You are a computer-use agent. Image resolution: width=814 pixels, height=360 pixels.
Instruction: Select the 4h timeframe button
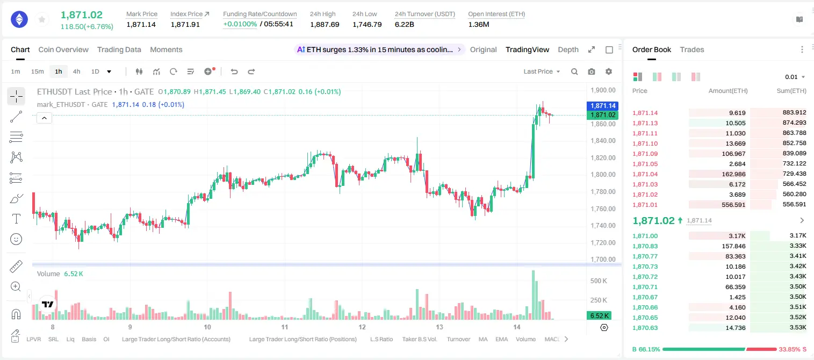click(76, 71)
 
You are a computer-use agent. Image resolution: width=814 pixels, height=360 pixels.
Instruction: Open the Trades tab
click(692, 49)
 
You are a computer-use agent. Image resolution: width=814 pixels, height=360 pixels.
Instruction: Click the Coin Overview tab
click(63, 49)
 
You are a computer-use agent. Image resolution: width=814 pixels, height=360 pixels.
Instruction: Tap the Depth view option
click(568, 49)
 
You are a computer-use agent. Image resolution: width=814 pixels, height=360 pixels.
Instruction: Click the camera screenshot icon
click(592, 71)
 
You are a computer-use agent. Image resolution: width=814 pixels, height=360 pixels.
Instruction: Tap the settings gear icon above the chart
click(609, 71)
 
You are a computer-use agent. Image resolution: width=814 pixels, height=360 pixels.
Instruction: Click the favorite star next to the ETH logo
click(42, 19)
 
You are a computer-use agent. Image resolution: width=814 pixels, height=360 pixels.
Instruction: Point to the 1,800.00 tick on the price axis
click(603, 175)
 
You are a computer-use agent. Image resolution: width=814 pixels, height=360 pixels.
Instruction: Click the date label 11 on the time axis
click(285, 327)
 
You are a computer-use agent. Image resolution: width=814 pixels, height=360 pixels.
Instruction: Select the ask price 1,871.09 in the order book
click(645, 154)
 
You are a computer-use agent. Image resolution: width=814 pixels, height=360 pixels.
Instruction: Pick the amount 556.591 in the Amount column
click(733, 205)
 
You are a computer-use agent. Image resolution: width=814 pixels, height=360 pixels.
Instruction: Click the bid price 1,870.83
click(645, 246)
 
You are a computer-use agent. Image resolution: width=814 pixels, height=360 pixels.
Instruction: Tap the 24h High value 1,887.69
click(325, 24)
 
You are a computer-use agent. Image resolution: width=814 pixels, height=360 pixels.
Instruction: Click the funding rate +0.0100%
click(240, 24)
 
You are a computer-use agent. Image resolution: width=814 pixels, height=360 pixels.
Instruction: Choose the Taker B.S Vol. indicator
click(420, 339)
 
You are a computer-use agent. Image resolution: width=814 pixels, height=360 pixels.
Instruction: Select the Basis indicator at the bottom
click(89, 339)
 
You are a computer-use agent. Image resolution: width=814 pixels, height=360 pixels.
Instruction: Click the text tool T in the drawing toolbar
click(16, 219)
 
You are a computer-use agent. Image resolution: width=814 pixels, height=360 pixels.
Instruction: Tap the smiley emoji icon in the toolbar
click(16, 239)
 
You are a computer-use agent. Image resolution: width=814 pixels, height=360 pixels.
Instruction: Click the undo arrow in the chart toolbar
click(234, 71)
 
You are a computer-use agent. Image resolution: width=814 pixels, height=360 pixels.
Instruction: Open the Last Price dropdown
click(542, 71)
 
